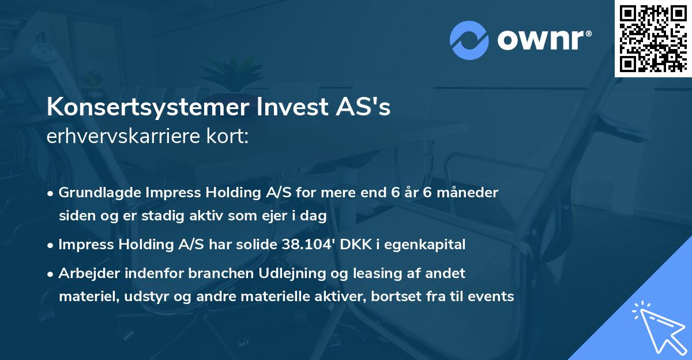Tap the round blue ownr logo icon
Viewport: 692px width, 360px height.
point(469,40)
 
